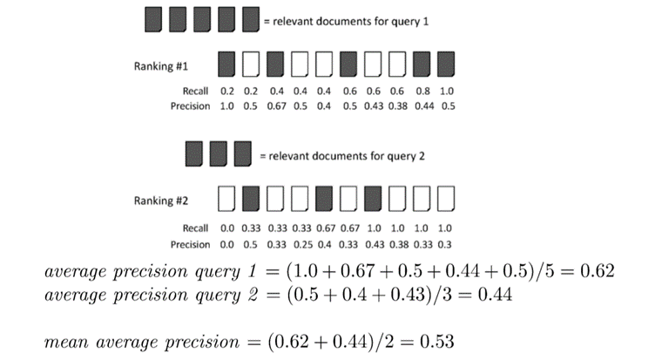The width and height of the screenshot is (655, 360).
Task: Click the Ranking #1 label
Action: click(x=161, y=66)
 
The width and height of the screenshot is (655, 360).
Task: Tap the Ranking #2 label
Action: click(x=161, y=200)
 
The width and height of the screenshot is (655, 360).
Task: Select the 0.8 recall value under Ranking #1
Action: click(x=422, y=92)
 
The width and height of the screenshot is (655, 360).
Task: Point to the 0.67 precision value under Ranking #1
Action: click(x=276, y=106)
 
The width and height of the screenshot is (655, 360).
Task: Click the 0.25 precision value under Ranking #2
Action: click(x=302, y=244)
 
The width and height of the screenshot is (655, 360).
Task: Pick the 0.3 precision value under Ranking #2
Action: click(x=445, y=244)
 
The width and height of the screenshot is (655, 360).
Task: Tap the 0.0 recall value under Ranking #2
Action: click(x=227, y=228)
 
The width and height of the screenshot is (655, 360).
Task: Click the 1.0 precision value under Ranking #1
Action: click(x=226, y=106)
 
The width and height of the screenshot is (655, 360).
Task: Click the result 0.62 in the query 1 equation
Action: click(x=598, y=271)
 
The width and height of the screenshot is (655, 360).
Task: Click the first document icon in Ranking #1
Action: click(x=226, y=65)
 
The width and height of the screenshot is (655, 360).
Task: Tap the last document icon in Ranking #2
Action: click(x=446, y=199)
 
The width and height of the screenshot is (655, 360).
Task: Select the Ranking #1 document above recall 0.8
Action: click(x=422, y=65)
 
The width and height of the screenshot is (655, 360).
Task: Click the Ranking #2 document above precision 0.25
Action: click(x=300, y=199)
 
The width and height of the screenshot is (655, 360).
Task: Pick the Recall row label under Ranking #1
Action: click(x=195, y=92)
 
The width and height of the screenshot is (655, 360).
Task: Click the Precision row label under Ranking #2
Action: click(x=190, y=244)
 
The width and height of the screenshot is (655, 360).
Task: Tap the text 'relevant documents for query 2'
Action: click(x=347, y=156)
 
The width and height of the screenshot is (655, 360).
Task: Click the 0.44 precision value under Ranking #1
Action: click(x=424, y=106)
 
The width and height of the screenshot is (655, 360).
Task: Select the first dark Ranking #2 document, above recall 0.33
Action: click(x=251, y=199)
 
